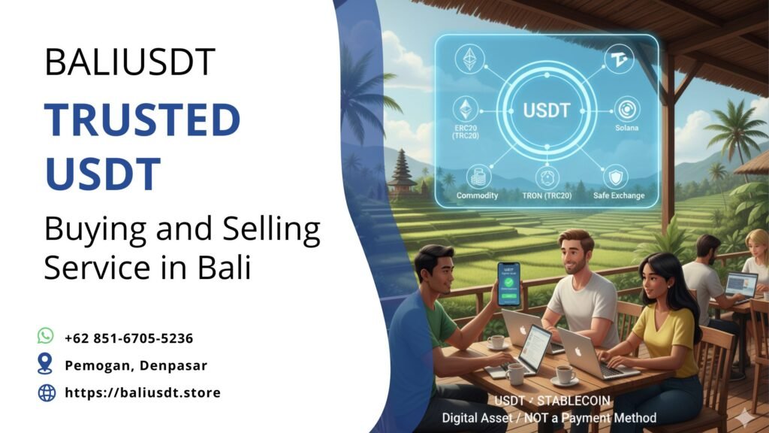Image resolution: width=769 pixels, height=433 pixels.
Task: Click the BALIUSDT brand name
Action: coord(130,62)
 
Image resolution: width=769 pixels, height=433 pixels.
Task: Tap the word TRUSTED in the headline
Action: coord(142,119)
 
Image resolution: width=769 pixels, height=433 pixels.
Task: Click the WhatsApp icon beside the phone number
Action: coord(46,336)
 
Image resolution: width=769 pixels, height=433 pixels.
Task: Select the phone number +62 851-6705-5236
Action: coord(129,338)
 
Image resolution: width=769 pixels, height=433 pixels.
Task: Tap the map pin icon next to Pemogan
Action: coord(46,365)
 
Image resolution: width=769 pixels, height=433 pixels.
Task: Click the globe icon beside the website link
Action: coord(47,392)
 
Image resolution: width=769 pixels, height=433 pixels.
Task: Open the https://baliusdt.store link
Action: coord(143,392)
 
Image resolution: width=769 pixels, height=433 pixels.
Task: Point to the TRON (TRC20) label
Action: coord(546,195)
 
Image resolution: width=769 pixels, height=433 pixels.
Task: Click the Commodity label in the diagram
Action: coord(477,195)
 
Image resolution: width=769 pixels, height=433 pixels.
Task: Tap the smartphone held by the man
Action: coord(508,283)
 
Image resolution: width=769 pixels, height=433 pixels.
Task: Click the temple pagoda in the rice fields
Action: coord(403,173)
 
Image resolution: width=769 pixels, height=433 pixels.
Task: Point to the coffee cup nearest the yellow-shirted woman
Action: coord(564,374)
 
